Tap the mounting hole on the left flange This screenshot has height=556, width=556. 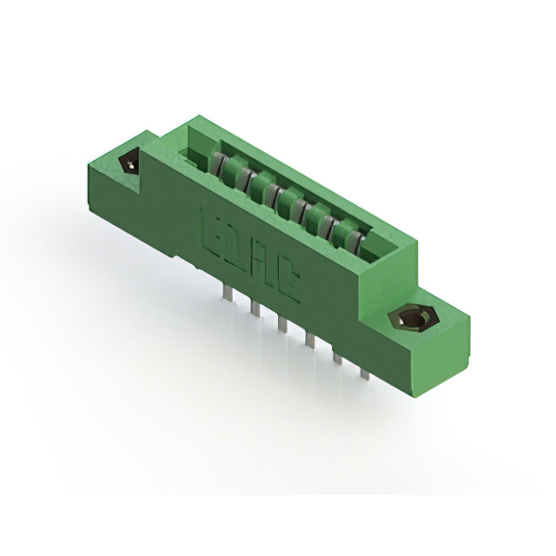coord(129,162)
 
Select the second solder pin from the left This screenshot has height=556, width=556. coord(254,309)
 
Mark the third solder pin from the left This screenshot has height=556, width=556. coord(281,325)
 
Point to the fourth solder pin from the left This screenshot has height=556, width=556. coord(308,341)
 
